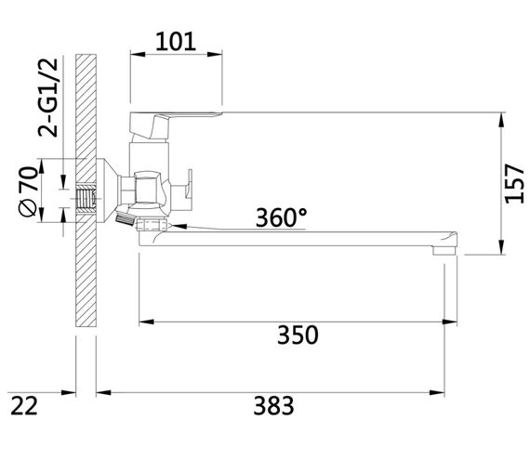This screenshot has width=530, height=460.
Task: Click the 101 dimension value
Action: pos(176,42)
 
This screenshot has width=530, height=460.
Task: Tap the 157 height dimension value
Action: pos(515,183)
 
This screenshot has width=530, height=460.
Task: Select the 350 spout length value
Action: pos(298,335)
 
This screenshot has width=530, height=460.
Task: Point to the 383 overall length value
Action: pos(273,405)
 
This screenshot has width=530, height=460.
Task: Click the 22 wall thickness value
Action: pos(24,405)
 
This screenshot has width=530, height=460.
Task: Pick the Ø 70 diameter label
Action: pos(28,191)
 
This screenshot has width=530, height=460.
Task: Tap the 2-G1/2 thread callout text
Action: pos(48,98)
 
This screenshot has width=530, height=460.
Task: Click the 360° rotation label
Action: pos(282,217)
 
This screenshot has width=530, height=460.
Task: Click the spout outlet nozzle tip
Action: pos(444,251)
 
